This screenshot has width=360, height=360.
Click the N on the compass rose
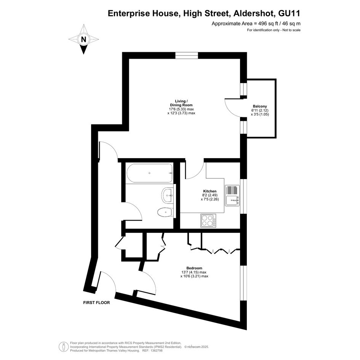[x=83, y=39]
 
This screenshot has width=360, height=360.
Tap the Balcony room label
[x=260, y=106]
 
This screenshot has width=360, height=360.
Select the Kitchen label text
[x=210, y=191]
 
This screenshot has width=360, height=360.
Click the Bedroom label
[x=194, y=268]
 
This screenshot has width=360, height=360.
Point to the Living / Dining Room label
[x=181, y=103]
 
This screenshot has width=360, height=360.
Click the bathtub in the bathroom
[x=149, y=173]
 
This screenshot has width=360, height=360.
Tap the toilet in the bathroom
[x=165, y=212]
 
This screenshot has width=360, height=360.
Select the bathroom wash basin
[x=168, y=195]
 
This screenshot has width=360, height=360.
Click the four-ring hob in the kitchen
[x=208, y=221]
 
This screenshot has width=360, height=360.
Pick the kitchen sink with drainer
[x=232, y=195]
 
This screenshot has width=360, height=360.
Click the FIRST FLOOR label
[x=96, y=302]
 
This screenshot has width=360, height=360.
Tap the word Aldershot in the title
[x=254, y=13]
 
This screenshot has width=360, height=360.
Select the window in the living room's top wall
[x=187, y=56]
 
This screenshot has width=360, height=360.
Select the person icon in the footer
[x=64, y=347]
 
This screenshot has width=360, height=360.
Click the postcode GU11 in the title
[x=289, y=13]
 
